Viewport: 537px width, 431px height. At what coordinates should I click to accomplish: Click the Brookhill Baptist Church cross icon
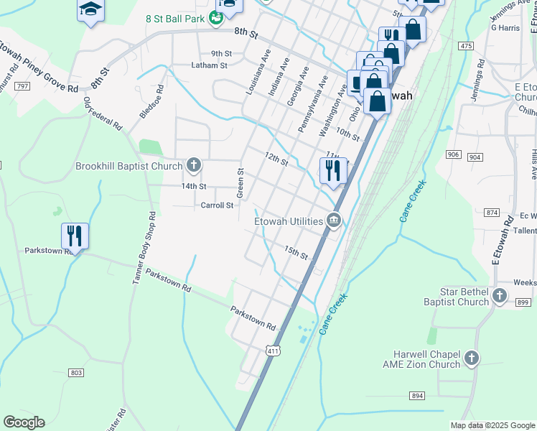[x=192, y=166]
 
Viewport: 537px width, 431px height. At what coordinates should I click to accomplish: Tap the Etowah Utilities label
[x=289, y=221]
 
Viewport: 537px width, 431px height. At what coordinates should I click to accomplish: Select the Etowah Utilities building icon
[x=333, y=221]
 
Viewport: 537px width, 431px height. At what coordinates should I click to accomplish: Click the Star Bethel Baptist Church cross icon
[x=500, y=296]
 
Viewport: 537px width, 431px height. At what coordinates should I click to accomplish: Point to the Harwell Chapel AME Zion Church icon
[x=471, y=358]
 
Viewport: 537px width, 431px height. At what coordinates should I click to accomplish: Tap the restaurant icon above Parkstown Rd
[x=75, y=235]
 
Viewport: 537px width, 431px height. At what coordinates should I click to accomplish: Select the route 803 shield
[x=76, y=372]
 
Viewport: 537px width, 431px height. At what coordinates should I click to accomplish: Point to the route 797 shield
[x=22, y=86]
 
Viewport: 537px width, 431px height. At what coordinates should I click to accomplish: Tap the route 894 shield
[x=417, y=396]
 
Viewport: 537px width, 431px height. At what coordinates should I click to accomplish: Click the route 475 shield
[x=467, y=46]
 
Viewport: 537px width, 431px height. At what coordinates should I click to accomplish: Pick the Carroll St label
[x=217, y=205]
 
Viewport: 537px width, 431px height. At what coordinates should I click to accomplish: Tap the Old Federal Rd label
[x=103, y=113]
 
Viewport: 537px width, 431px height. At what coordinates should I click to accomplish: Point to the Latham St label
[x=209, y=65]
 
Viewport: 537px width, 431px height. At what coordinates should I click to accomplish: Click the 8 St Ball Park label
[x=176, y=19]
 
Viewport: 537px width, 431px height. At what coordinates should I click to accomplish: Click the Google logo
[x=24, y=422]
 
